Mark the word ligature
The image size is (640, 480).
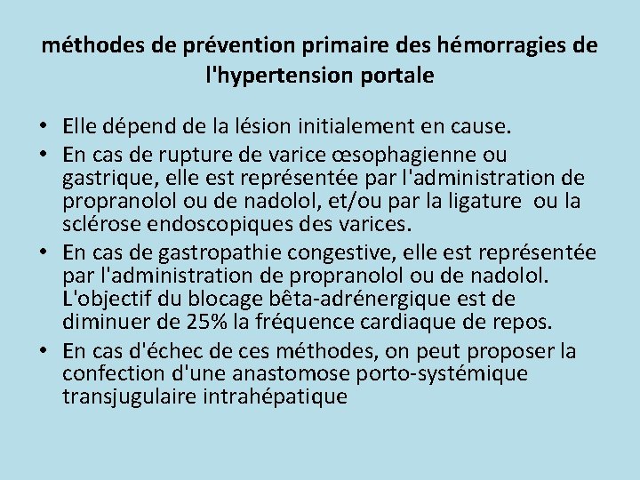click(483, 201)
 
